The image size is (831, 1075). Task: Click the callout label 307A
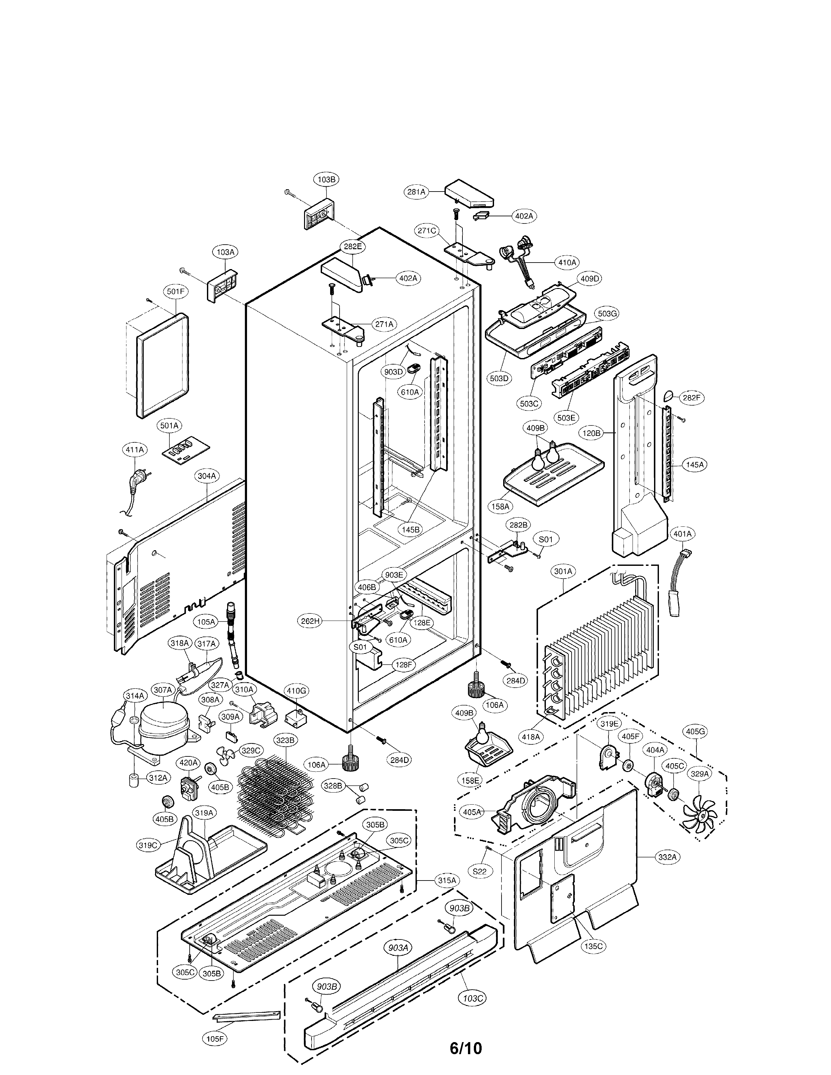click(163, 690)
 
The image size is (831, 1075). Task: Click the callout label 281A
click(416, 192)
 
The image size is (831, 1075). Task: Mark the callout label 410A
click(567, 262)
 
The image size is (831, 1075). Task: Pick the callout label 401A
click(682, 534)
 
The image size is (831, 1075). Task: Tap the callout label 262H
click(311, 621)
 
